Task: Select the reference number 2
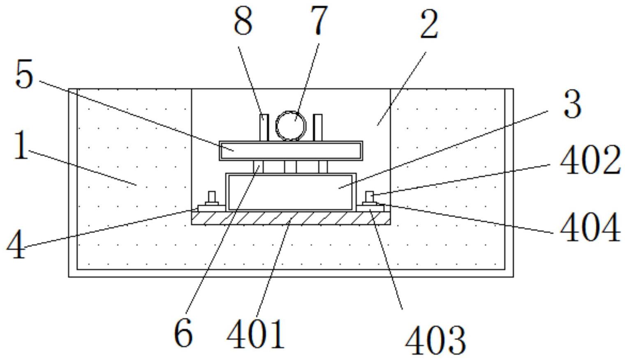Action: point(429,24)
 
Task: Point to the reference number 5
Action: point(24,74)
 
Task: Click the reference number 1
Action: point(21,145)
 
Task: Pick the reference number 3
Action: point(572,104)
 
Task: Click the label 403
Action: point(435,341)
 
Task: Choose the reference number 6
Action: point(183,332)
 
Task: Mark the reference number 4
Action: point(16,245)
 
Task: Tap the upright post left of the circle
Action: point(264,127)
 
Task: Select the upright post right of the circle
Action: point(317,127)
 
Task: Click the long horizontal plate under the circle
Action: point(291,150)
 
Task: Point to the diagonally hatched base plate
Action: point(291,218)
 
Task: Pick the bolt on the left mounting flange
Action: point(212,198)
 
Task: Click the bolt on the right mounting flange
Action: point(370,198)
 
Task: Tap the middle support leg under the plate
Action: point(290,167)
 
